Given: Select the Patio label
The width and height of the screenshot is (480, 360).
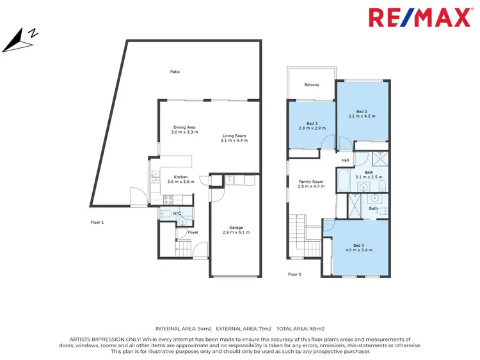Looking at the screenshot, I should [x=175, y=72].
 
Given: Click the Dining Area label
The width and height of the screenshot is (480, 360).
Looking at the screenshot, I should [x=184, y=127].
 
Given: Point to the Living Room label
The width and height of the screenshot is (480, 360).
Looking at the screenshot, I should [x=234, y=136].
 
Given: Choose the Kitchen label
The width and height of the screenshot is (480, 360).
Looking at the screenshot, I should [x=180, y=176].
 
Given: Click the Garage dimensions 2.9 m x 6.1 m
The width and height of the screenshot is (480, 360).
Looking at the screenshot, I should [x=236, y=232].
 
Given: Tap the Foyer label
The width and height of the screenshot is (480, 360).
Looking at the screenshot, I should [x=193, y=232].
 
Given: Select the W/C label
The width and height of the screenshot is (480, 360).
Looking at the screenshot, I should [x=175, y=214].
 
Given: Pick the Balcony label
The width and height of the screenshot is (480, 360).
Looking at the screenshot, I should [x=312, y=85].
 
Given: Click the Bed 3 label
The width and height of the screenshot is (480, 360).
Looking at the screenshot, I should [x=312, y=123].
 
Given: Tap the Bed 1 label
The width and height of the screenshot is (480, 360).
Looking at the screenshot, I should [x=358, y=245].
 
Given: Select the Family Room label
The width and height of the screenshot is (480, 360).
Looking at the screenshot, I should [x=312, y=182].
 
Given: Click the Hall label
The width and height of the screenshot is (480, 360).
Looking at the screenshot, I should [x=345, y=160].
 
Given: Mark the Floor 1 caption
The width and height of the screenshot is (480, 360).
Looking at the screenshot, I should [x=97, y=222].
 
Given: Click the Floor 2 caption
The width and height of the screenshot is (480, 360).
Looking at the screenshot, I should [x=294, y=274].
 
